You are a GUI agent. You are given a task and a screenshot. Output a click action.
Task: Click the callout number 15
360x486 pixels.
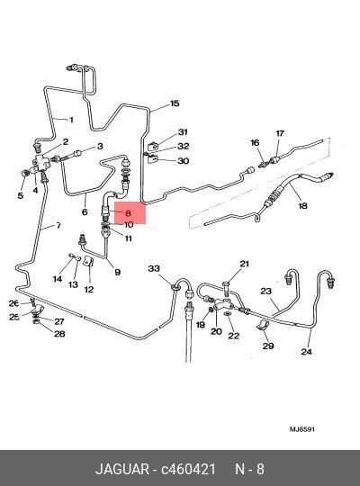click(x=175, y=103)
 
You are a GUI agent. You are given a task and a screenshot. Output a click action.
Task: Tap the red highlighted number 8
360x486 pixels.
click(x=128, y=213)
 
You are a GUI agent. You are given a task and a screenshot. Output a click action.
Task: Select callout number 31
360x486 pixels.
click(x=183, y=132)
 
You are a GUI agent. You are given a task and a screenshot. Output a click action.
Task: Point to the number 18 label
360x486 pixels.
click(x=302, y=205)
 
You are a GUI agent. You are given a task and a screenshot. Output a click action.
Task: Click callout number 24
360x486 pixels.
click(x=306, y=352)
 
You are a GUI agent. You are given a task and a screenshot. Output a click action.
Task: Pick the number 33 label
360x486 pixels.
click(x=154, y=268)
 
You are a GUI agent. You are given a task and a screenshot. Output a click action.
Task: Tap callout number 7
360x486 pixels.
click(x=58, y=225)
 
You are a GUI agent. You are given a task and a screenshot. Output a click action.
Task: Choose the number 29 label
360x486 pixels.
click(x=268, y=346)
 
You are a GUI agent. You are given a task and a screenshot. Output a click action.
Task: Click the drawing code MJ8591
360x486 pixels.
click(x=302, y=429)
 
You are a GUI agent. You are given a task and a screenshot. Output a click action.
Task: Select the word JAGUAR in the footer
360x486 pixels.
click(x=122, y=469)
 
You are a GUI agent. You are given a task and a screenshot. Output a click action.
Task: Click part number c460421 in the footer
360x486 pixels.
click(x=188, y=469)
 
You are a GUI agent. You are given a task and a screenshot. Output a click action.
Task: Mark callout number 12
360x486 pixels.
click(x=89, y=290)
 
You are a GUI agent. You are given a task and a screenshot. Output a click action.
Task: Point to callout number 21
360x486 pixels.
click(x=244, y=264)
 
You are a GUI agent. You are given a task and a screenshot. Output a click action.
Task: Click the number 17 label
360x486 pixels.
click(x=280, y=133)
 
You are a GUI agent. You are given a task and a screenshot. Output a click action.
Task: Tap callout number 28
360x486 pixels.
click(x=59, y=334)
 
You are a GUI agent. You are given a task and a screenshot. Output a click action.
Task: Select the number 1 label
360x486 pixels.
click(x=71, y=120)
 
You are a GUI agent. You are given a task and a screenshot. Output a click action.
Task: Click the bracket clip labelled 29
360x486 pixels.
click(x=263, y=327)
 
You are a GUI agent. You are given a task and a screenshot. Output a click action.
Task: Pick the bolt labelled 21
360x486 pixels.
click(x=226, y=288)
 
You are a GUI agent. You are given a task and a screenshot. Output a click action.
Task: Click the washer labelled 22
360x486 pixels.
click(x=228, y=314)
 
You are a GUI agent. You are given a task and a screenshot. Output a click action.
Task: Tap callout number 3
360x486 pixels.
click(x=100, y=146)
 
